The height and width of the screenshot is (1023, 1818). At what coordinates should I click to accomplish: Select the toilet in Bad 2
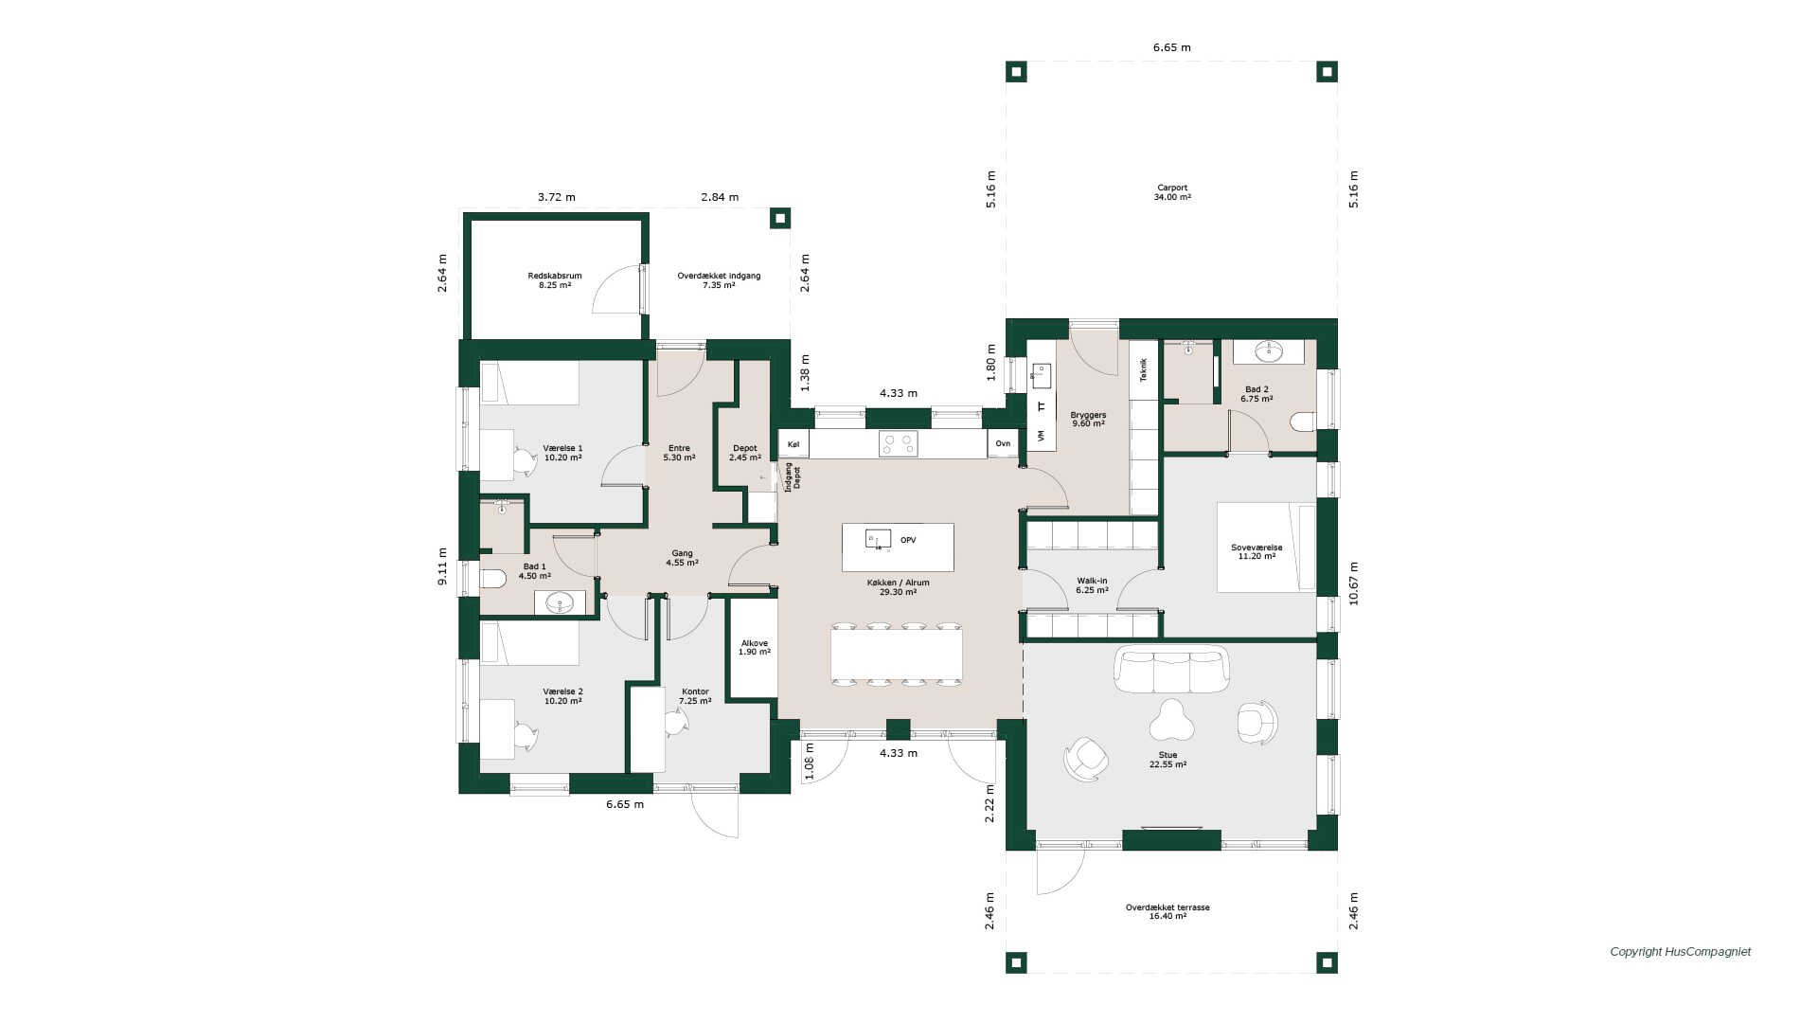coord(1303,422)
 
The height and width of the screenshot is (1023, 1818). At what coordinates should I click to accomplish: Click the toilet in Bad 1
coord(492,578)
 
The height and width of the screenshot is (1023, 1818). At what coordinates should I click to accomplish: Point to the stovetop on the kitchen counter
coord(898,443)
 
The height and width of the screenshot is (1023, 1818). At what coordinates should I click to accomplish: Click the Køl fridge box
coord(793,443)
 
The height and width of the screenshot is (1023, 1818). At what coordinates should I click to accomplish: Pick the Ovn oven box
coord(1003,443)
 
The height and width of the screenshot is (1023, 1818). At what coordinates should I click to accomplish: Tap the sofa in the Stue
coord(1171,669)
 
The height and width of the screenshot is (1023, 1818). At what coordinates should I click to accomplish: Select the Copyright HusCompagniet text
coord(1681,952)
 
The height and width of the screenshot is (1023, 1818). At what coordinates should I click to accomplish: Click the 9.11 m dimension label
coord(442,566)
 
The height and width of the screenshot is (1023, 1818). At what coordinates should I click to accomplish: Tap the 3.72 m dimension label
coord(557,197)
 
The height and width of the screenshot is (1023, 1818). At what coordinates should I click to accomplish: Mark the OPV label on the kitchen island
coord(908,540)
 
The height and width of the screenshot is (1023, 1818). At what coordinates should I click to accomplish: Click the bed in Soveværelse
coord(1266,547)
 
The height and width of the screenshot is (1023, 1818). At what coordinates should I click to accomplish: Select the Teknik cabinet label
coord(1144,369)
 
